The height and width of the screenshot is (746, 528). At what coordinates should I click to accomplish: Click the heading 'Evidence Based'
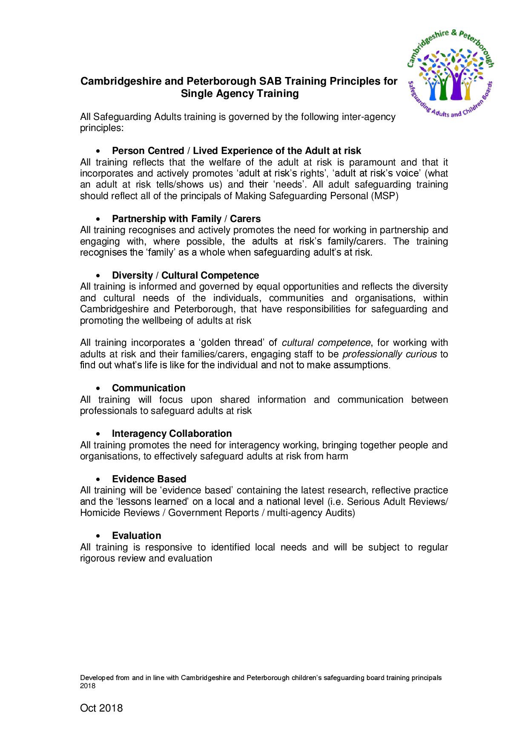[149, 479]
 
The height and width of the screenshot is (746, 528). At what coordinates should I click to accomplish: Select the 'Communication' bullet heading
[149, 388]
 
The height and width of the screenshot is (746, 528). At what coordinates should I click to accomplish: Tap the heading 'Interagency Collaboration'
[172, 433]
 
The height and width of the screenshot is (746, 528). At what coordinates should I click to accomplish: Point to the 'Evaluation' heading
[136, 535]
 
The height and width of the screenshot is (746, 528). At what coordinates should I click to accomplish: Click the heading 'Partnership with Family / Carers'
[186, 219]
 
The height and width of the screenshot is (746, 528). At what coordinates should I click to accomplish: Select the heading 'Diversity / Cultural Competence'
[185, 275]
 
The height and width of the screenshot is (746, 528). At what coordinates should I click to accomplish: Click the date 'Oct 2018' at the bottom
[101, 708]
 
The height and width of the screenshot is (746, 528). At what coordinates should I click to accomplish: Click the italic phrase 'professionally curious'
[390, 354]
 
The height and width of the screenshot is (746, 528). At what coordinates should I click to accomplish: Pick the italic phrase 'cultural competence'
[326, 343]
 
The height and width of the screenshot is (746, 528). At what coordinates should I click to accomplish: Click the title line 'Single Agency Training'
[240, 94]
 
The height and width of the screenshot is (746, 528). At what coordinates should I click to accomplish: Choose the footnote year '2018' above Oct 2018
[88, 686]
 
